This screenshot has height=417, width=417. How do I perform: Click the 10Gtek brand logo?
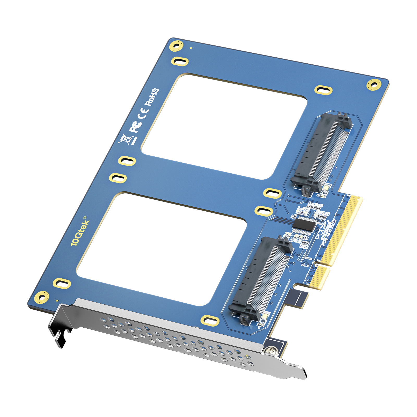pyautogui.click(x=80, y=231)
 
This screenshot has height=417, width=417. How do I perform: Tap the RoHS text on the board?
pyautogui.click(x=152, y=97)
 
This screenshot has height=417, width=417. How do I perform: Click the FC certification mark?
pyautogui.click(x=136, y=126)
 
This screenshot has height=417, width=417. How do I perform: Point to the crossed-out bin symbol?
pyautogui.click(x=126, y=139)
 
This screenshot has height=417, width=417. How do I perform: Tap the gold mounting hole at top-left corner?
pyautogui.click(x=176, y=46)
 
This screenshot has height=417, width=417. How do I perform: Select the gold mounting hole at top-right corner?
pyautogui.click(x=374, y=85)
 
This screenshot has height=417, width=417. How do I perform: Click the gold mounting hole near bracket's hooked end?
pyautogui.click(x=41, y=297)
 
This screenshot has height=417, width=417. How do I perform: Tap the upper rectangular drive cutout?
pyautogui.click(x=224, y=126)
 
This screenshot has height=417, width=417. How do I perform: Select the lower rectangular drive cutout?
pyautogui.click(x=162, y=249)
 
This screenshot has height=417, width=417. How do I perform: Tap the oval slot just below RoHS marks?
pyautogui.click(x=127, y=161)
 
